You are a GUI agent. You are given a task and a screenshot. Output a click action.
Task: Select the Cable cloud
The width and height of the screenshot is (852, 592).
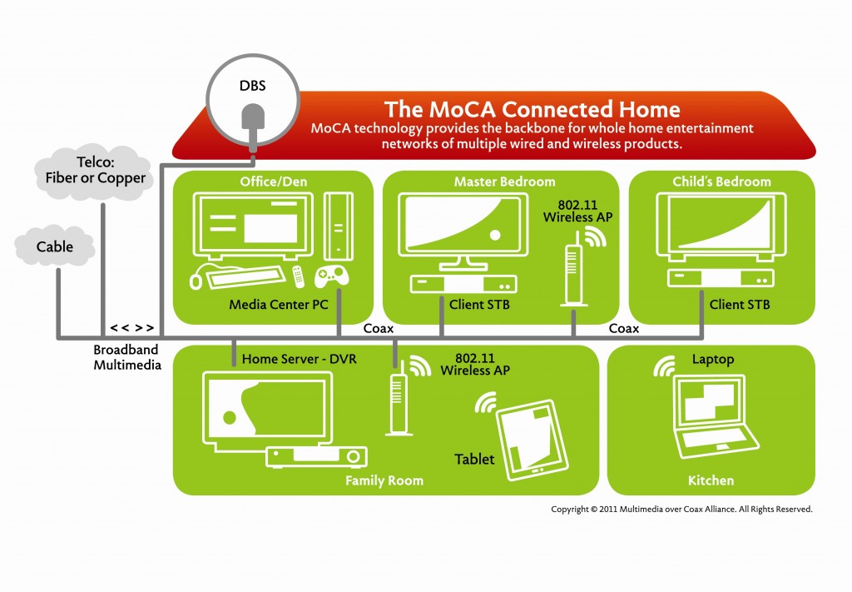pyautogui.click(x=55, y=246)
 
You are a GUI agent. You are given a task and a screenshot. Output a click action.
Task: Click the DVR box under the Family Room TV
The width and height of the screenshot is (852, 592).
pyautogui.click(x=316, y=456)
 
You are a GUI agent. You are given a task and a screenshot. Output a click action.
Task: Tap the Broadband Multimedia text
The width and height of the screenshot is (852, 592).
pyautogui.click(x=126, y=357)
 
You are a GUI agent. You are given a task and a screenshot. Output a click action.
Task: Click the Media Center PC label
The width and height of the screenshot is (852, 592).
pyautogui.click(x=279, y=305)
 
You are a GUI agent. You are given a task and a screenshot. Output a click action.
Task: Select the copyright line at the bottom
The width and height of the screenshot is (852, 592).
pyautogui.click(x=681, y=509)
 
